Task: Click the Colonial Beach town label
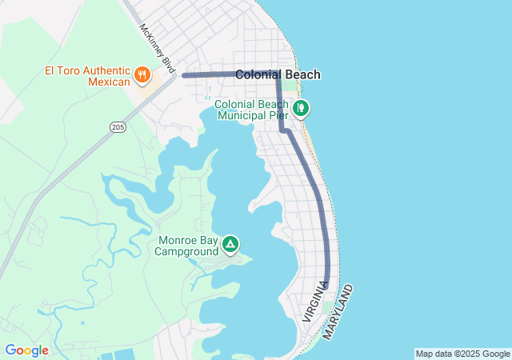(x=278, y=74)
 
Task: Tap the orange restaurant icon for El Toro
(x=142, y=75)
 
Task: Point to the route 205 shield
(x=118, y=127)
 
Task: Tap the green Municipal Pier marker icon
(x=301, y=107)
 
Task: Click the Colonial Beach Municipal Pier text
(x=251, y=110)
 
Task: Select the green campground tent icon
(x=230, y=244)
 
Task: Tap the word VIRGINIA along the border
(x=314, y=302)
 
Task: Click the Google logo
(x=26, y=350)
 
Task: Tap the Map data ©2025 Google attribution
(x=462, y=354)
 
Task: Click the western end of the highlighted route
(x=185, y=75)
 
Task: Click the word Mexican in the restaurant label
(x=108, y=82)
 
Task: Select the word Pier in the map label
(x=277, y=116)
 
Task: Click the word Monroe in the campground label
(x=177, y=240)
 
